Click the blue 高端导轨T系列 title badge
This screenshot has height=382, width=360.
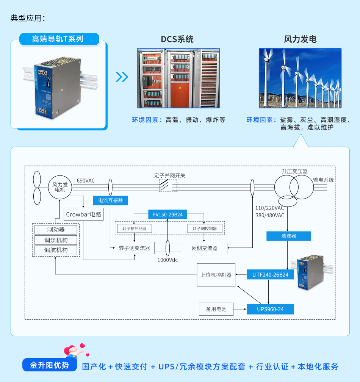point(59,39)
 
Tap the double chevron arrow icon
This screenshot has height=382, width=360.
point(122,77)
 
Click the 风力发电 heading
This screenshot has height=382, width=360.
point(300,39)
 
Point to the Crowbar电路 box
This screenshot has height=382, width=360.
point(84,214)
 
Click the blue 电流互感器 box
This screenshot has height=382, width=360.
point(110,200)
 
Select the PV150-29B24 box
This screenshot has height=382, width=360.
point(167,214)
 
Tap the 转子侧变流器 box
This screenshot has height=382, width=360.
point(135,248)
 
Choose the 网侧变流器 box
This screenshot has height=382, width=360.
point(205,248)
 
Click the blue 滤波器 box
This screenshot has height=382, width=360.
point(288,236)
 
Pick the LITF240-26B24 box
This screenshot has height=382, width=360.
point(270,274)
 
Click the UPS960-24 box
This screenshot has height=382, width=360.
point(270,309)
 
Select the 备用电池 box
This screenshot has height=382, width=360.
point(216,309)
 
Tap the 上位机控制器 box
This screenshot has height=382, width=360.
point(216,275)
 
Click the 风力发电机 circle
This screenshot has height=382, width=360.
point(60,187)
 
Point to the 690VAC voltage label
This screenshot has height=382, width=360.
point(86,181)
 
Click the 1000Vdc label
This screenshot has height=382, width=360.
point(167,260)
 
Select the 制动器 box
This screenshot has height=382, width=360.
point(56,230)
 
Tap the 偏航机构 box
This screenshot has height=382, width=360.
point(56,250)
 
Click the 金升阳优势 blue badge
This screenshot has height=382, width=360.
point(50,365)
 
